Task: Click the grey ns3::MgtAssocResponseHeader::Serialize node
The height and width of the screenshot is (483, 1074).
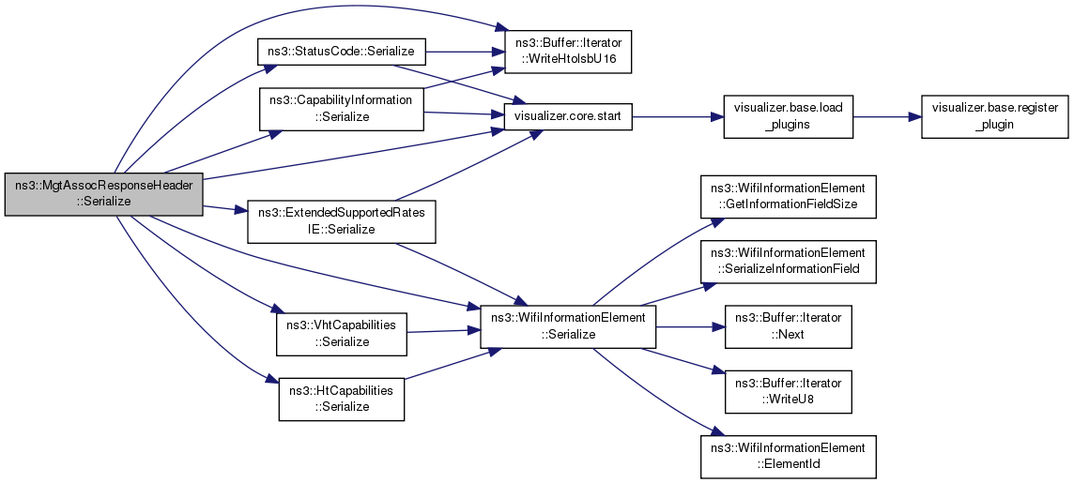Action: (x=104, y=193)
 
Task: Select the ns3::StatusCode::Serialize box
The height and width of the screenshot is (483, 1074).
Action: (x=342, y=51)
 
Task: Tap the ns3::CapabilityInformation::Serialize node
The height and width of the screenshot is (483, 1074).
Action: (x=341, y=108)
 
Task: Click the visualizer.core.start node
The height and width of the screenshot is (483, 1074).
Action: (x=568, y=118)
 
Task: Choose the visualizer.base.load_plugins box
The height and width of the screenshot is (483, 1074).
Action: (x=789, y=116)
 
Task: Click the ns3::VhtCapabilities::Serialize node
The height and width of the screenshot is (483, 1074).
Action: (x=341, y=334)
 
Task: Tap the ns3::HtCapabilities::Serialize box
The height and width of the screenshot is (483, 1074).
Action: (x=341, y=399)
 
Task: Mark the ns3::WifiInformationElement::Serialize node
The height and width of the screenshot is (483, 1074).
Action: (x=568, y=327)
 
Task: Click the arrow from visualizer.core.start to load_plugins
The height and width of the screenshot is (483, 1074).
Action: (x=676, y=117)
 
